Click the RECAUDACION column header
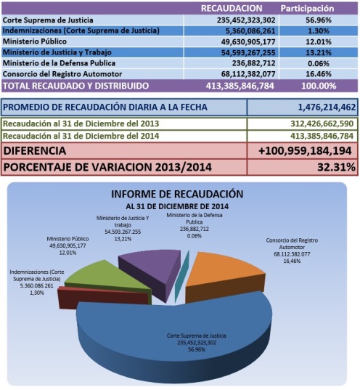point(232,9)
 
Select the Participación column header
point(307,9)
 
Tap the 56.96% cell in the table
point(319,20)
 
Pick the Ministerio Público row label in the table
point(35,41)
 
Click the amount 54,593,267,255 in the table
point(248,52)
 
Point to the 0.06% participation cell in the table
point(318,63)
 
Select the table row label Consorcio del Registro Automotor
point(62,74)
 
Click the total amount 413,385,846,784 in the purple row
point(240,86)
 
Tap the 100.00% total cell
point(319,86)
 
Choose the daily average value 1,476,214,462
point(327,107)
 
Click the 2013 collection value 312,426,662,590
point(322,123)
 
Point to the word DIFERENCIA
point(35,151)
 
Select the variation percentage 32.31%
point(336,167)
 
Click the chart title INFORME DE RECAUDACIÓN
point(177,194)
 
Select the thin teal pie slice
point(181,276)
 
